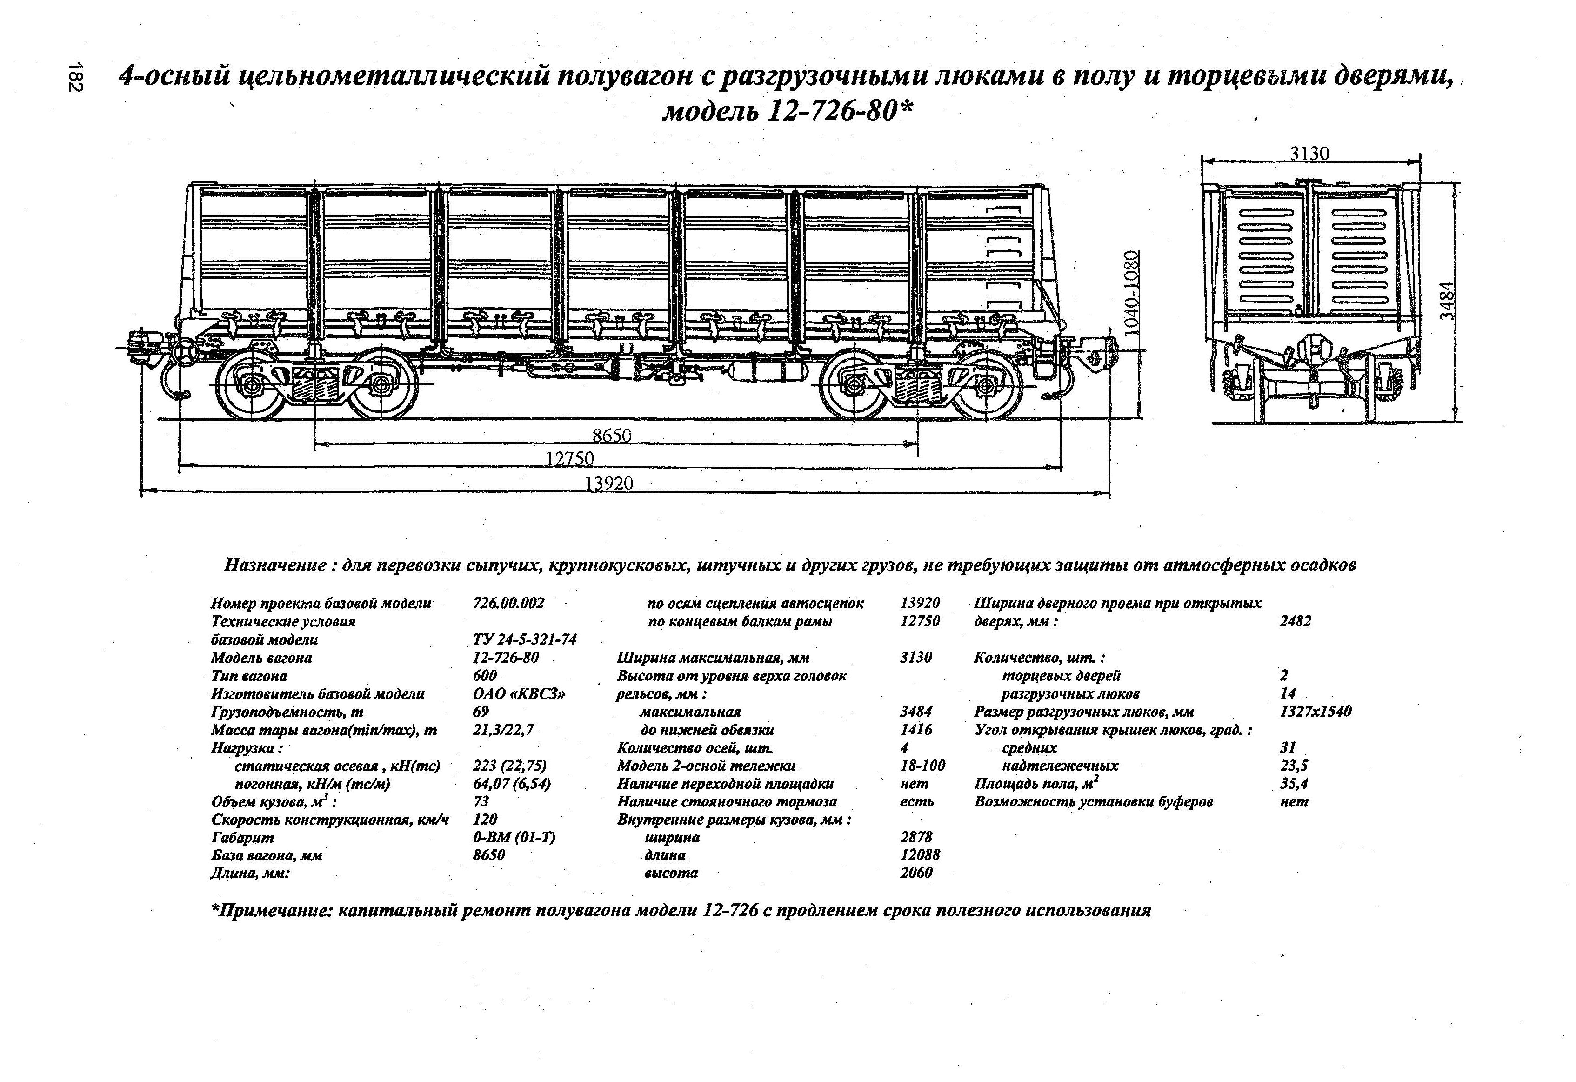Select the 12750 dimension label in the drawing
click(x=570, y=459)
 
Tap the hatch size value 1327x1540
click(x=1315, y=712)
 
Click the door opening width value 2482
click(x=1295, y=621)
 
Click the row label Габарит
click(x=242, y=838)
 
